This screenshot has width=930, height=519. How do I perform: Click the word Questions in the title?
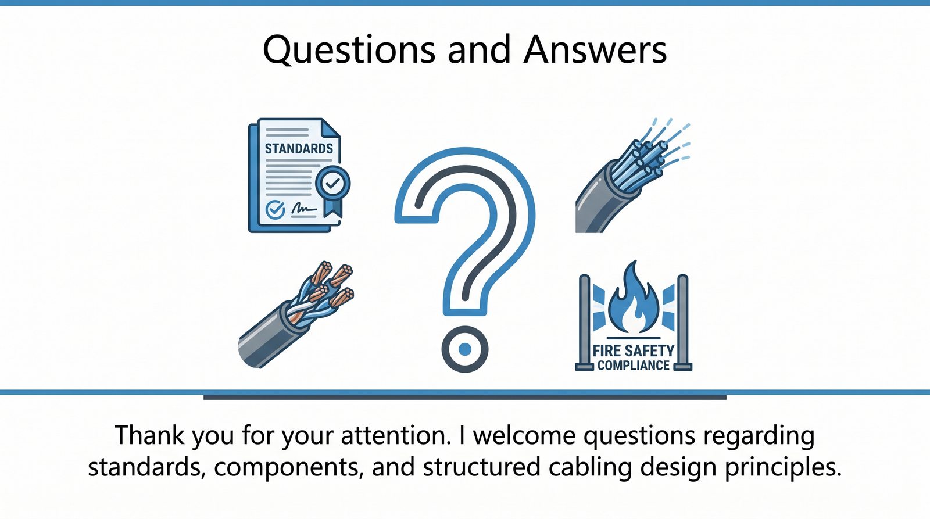349,50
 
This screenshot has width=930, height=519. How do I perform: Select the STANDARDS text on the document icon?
299,149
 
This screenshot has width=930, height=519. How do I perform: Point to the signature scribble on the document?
304,208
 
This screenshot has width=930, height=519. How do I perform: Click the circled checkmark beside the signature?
275,210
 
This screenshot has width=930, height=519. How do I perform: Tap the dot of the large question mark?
465,349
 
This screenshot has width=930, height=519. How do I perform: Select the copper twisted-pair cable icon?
296,316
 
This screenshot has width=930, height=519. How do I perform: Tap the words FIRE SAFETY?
633,351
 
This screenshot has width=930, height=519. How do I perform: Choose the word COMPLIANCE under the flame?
634,366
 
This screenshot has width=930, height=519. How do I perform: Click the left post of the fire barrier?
584,322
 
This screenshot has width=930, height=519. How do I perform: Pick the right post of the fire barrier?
683,322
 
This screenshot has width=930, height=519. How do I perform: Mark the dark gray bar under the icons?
465,398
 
